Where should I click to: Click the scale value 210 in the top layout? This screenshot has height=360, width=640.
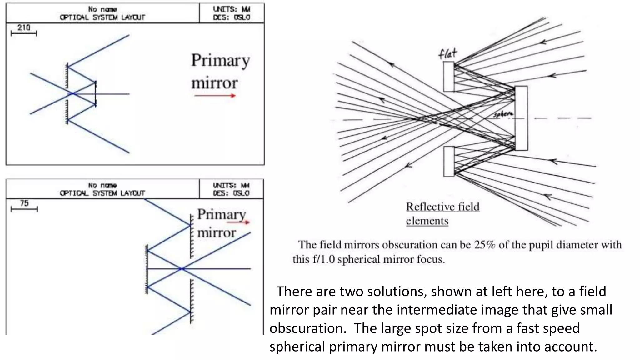(24, 27)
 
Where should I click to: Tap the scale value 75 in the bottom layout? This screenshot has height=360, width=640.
(24, 203)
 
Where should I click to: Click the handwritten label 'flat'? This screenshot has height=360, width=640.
(447, 54)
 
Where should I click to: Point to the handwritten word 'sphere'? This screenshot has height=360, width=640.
(503, 114)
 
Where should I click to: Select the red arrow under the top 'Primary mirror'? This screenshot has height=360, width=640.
(215, 96)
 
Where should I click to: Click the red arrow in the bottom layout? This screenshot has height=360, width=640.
(238, 222)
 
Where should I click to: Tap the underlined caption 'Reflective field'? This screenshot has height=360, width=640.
(442, 207)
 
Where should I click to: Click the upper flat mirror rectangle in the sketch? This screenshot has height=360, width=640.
(449, 77)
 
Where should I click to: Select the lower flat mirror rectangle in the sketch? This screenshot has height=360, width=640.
(449, 161)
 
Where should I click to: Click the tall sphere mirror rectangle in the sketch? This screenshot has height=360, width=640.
(521, 118)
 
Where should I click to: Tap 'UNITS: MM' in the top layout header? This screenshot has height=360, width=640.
(232, 9)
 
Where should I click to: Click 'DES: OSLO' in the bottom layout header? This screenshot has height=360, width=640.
(231, 193)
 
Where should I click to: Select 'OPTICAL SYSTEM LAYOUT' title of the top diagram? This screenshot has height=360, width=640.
(102, 17)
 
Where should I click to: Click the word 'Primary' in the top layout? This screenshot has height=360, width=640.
(220, 61)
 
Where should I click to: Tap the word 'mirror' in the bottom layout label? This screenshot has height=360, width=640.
(216, 233)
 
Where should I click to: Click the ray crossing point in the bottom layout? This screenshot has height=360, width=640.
(182, 269)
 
